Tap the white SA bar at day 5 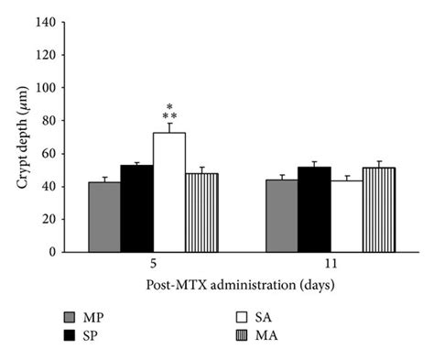tap(169, 192)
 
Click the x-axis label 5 tap(153, 264)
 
